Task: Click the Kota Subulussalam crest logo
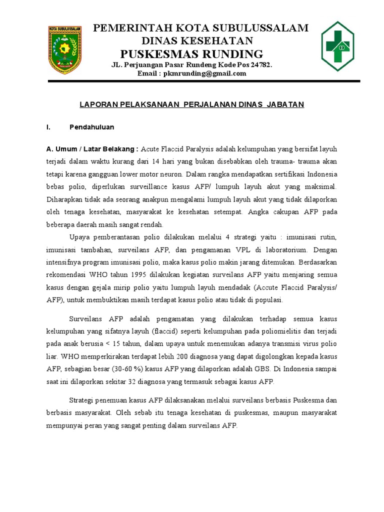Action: (x=64, y=48)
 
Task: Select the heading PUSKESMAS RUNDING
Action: (x=191, y=53)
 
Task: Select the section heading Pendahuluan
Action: (x=91, y=127)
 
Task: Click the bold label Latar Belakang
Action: (x=111, y=149)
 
